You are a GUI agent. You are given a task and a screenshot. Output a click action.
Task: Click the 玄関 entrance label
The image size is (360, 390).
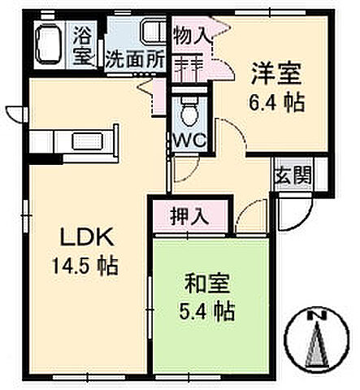click(x=290, y=175)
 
